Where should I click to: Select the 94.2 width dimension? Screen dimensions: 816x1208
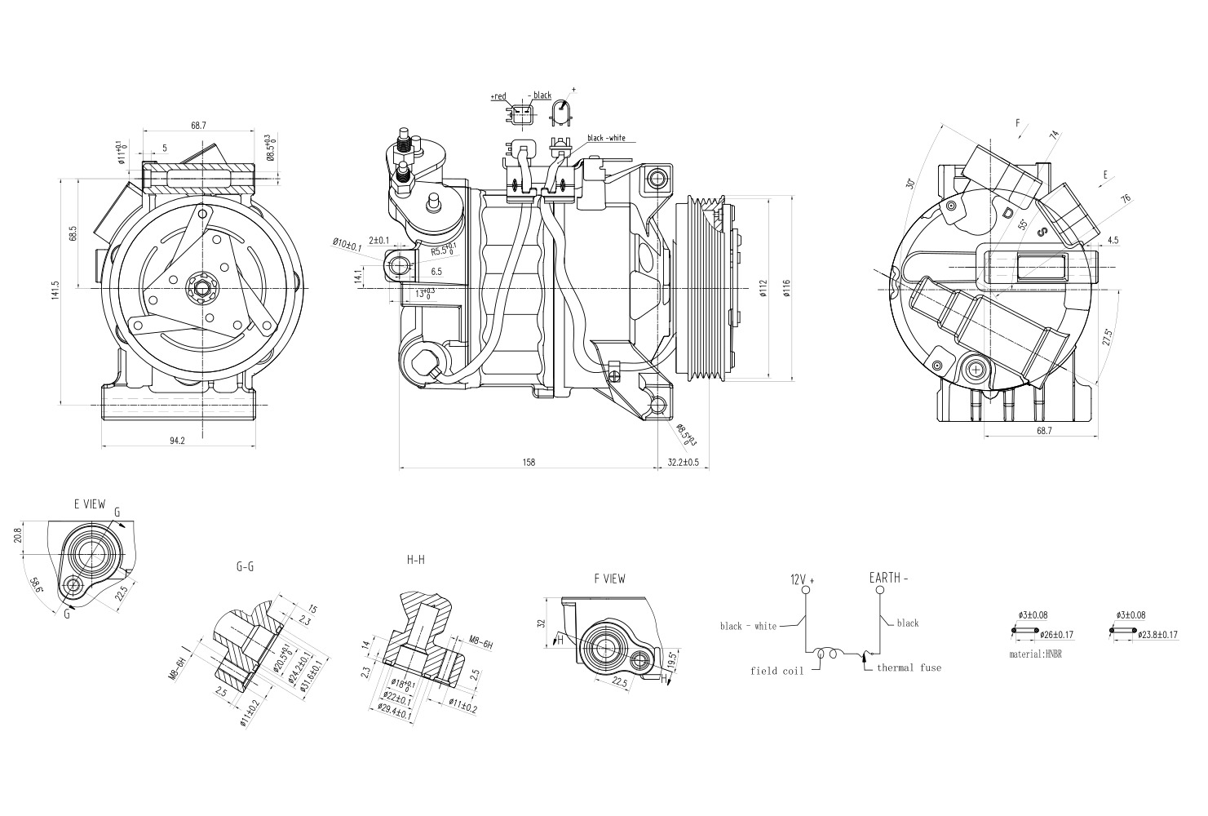[x=176, y=441]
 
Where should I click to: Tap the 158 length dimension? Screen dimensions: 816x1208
[x=528, y=463]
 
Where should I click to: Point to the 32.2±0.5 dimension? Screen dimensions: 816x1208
[x=683, y=463]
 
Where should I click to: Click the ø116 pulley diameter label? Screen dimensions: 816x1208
[x=785, y=288]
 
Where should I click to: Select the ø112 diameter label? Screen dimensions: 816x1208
[x=763, y=288]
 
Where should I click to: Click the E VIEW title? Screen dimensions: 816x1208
[x=89, y=504]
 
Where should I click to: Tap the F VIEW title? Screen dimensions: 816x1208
[x=609, y=579]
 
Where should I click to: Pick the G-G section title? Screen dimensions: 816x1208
[x=245, y=565]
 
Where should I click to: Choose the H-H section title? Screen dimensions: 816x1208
[x=415, y=560]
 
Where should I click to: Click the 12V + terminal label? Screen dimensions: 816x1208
[x=802, y=579]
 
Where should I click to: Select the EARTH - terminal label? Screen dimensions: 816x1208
[x=888, y=578]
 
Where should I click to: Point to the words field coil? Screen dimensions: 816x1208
[x=777, y=672]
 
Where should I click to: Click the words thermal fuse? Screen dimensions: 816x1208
[x=909, y=668]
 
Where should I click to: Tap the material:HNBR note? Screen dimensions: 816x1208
[x=1036, y=654]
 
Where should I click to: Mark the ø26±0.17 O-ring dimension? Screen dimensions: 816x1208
[x=1059, y=634]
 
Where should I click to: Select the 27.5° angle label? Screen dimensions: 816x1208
[x=1105, y=338]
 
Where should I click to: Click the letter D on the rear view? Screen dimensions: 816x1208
[x=1008, y=214]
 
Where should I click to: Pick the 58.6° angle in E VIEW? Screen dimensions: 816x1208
[x=37, y=585]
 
